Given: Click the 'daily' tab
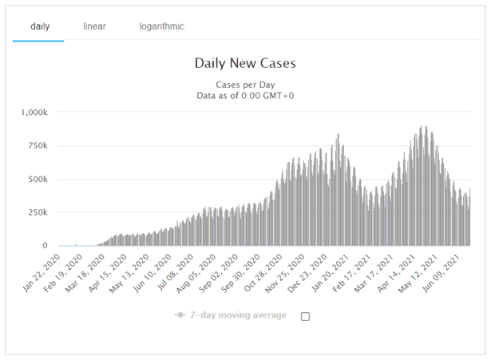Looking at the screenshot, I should tap(40, 26).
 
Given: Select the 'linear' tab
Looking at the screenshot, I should tap(94, 26).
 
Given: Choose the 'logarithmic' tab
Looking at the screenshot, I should tap(161, 26).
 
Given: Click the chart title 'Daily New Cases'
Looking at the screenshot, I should tap(245, 62).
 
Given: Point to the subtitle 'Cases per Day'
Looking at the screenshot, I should tap(246, 84).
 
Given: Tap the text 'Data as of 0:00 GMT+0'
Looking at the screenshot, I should tap(246, 96).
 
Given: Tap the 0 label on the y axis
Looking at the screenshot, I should tap(46, 246).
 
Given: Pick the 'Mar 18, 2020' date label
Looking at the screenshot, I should tap(86, 273).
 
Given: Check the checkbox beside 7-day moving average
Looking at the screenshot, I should tap(305, 316).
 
